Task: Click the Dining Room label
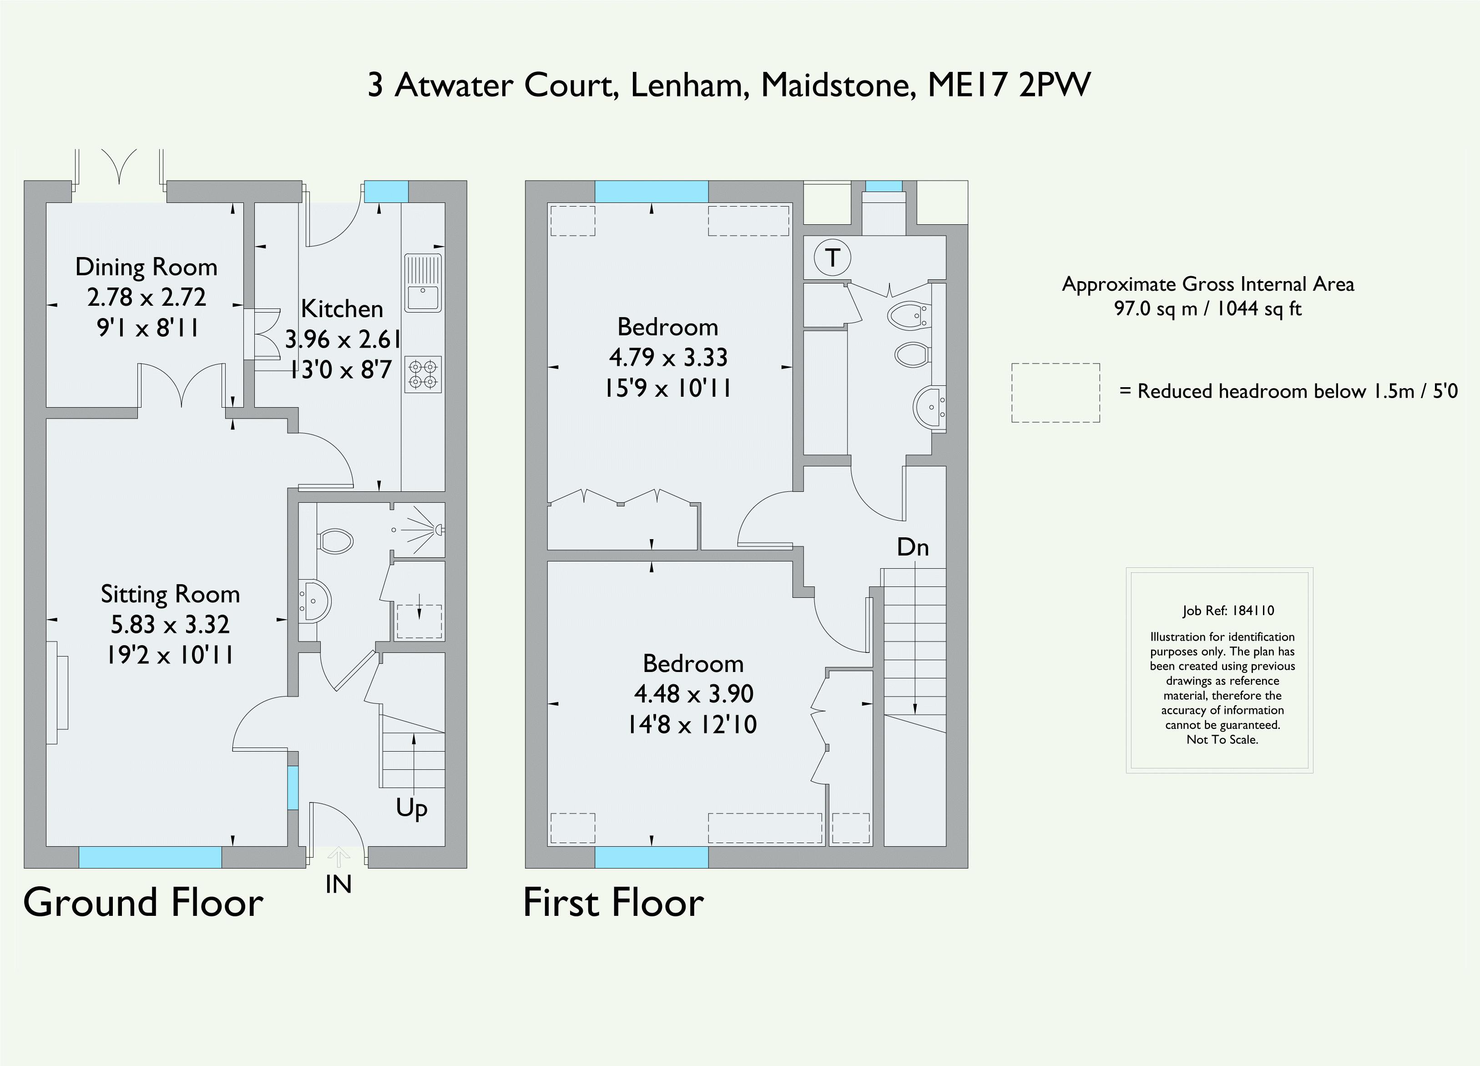coord(146,267)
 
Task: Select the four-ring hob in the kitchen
coord(423,374)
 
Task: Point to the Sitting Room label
coord(170,594)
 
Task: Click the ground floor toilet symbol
coord(335,541)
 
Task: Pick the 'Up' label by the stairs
coord(411,808)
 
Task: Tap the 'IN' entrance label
coord(338,884)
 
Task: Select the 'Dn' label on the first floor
coord(912,547)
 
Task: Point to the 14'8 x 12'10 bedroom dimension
coord(692,725)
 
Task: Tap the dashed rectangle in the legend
coord(1055,393)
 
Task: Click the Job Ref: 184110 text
coord(1228,611)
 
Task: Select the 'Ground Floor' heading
coord(143,903)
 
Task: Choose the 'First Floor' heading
coord(613,903)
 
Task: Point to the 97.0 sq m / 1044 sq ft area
coord(1207,308)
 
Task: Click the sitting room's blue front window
coord(150,857)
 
